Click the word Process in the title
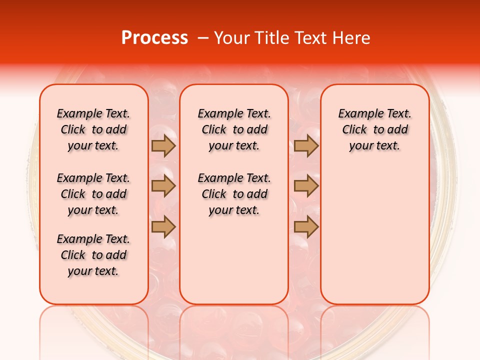[154, 38]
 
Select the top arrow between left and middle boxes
[163, 146]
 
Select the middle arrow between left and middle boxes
[163, 186]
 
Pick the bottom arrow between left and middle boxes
[163, 227]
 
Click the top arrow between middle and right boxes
[306, 146]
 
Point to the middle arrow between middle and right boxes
[306, 186]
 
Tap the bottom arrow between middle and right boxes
[306, 227]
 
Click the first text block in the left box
[93, 129]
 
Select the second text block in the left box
[93, 194]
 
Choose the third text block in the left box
[93, 255]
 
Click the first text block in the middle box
[234, 129]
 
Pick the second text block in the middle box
[234, 194]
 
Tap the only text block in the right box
[374, 129]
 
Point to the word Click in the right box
[354, 130]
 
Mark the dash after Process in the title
[203, 38]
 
